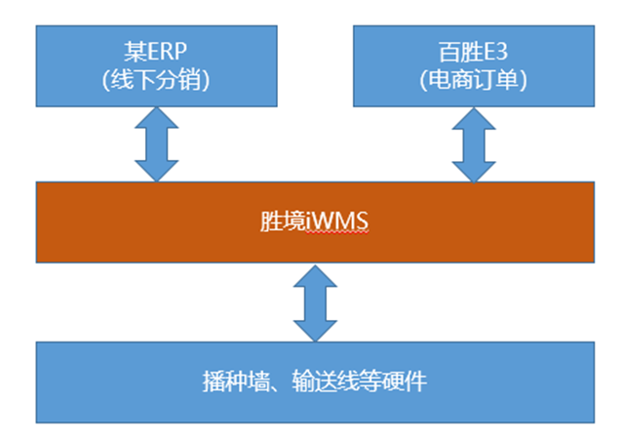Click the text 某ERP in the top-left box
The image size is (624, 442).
point(155,52)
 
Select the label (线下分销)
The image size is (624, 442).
point(156,80)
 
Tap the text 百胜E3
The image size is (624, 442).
point(474,52)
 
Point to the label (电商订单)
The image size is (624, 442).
point(474,80)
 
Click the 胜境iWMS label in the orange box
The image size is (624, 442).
point(314,221)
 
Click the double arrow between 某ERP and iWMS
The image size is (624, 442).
point(156,144)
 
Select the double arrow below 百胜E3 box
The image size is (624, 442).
point(474,145)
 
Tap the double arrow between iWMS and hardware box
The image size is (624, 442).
point(315,303)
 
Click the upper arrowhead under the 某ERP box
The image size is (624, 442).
point(156,117)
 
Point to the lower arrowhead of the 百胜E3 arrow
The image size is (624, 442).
point(474,172)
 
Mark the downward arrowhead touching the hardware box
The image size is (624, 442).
point(315,331)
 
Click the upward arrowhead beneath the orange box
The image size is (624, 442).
point(315,276)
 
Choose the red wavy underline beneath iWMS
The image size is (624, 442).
point(337,232)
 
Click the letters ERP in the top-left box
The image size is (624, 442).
point(167,52)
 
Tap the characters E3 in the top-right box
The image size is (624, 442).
point(495,52)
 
